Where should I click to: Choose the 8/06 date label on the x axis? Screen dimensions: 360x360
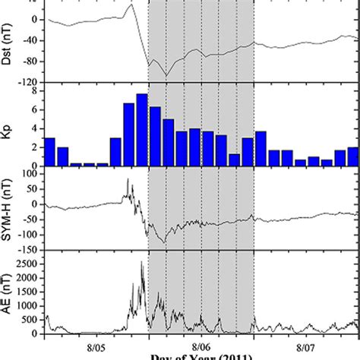[201, 343]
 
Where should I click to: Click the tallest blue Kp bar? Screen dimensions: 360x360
[142, 130]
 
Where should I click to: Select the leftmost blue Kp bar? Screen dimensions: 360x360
[49, 152]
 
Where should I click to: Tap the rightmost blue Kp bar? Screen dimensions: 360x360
[353, 156]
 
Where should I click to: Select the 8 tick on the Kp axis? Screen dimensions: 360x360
[36, 90]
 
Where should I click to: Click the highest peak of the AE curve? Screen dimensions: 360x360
[141, 262]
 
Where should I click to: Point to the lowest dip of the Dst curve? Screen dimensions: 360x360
[165, 75]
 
